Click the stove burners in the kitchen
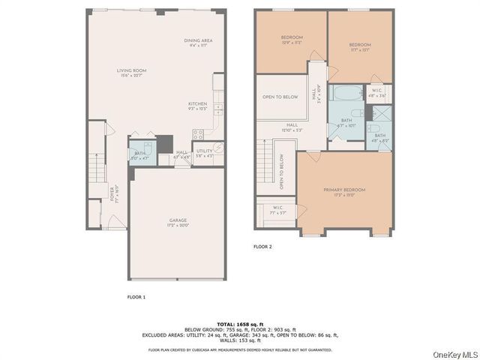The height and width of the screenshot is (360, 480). (x=199, y=136)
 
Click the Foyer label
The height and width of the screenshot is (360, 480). (x=112, y=194)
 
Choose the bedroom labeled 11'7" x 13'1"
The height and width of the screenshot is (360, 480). (x=359, y=47)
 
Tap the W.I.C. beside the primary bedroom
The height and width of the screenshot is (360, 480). (x=277, y=210)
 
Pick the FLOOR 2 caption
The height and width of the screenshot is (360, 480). (x=262, y=247)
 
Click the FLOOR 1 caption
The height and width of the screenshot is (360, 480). (x=136, y=298)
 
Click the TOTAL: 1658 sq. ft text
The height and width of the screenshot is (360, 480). (x=241, y=324)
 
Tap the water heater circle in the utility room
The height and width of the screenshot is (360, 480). (x=218, y=148)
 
